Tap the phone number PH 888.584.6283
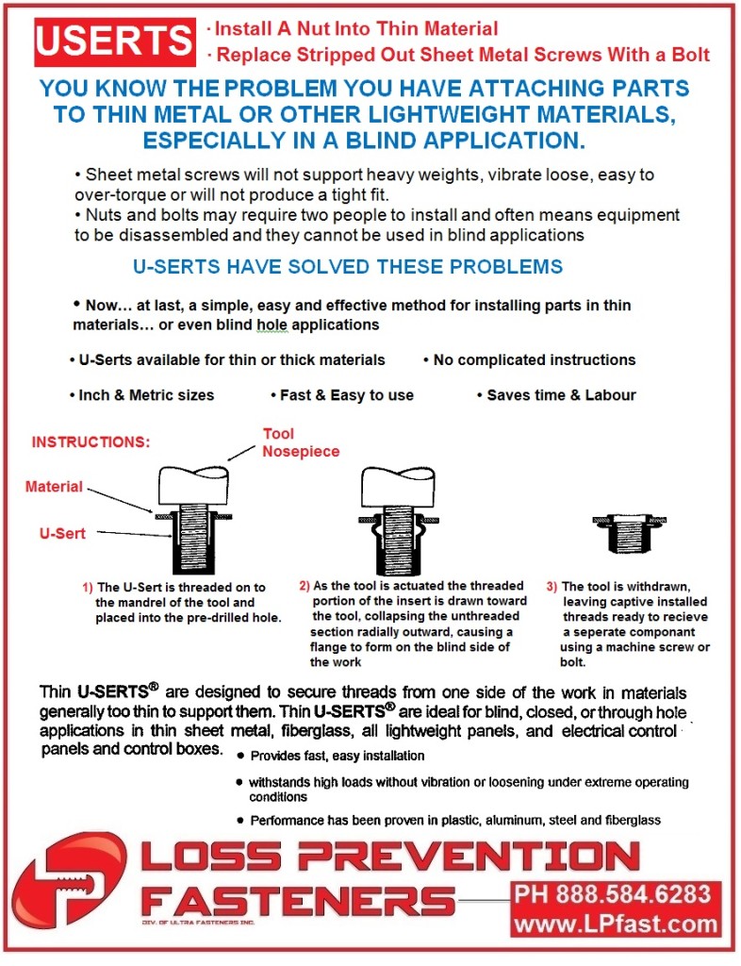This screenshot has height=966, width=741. pos(616,894)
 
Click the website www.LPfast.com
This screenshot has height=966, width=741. pos(616,924)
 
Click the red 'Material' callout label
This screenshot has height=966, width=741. pos(54,487)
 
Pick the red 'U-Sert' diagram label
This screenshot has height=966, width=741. pos(62,533)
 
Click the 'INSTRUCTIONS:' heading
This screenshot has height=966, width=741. pos(91,441)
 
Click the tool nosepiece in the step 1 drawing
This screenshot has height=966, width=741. pos(194,486)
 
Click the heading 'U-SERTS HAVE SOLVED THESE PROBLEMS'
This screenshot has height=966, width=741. pos(348,267)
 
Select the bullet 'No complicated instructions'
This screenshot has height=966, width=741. pos(532,359)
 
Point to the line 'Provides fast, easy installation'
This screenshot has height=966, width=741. pos(337,756)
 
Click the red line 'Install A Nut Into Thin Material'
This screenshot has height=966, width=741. pos(354,29)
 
